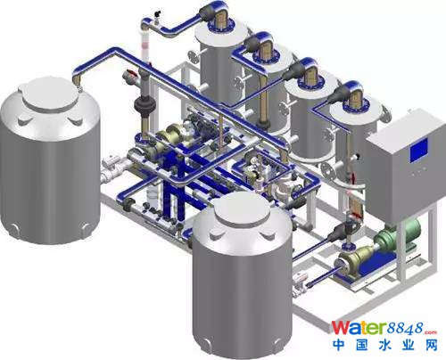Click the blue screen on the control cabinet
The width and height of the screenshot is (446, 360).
click(x=419, y=151)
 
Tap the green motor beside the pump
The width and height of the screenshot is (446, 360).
click(x=398, y=234)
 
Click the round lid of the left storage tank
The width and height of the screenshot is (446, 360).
click(x=49, y=93)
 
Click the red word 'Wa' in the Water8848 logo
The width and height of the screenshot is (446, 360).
click(x=345, y=328)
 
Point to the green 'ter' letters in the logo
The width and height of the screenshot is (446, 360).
click(x=373, y=328)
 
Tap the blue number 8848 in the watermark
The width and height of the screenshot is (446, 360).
click(x=405, y=328)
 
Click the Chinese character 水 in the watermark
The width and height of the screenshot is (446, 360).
click(x=386, y=346)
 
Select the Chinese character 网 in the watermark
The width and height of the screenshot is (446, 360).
click(x=431, y=346)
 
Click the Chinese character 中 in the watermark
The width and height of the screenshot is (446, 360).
click(x=340, y=346)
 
